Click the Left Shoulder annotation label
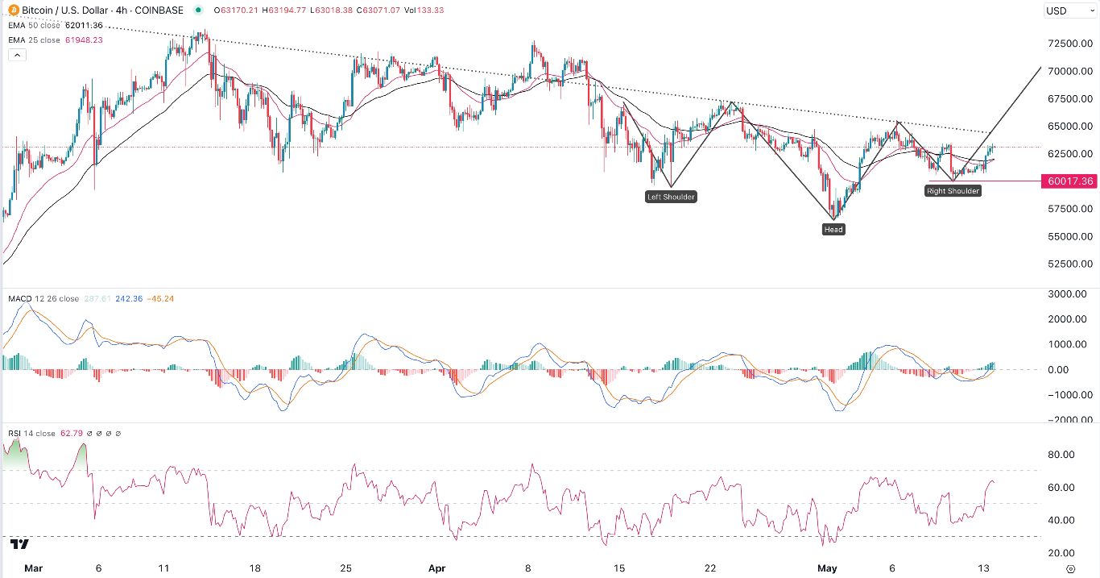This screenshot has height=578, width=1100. (x=671, y=197)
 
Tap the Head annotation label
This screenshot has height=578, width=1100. (x=833, y=230)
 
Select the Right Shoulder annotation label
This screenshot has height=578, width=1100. (x=953, y=191)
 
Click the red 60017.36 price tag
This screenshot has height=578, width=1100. (x=1070, y=181)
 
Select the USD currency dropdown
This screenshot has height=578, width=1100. (x=1066, y=10)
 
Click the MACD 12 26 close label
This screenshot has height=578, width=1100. (x=43, y=299)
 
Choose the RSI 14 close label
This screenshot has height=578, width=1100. (x=32, y=434)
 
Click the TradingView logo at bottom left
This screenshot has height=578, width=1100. (x=21, y=545)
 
